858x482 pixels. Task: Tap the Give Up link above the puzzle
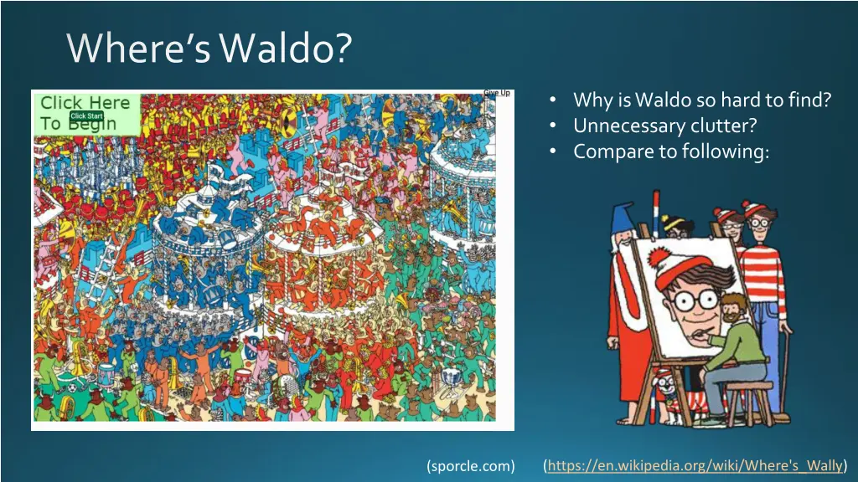coord(497,93)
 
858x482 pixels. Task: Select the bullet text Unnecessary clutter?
coord(664,126)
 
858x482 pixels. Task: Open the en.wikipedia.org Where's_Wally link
coord(695,465)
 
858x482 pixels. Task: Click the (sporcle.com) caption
coord(470,465)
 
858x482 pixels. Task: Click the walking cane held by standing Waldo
coord(786,368)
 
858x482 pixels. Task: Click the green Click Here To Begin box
coord(85,113)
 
